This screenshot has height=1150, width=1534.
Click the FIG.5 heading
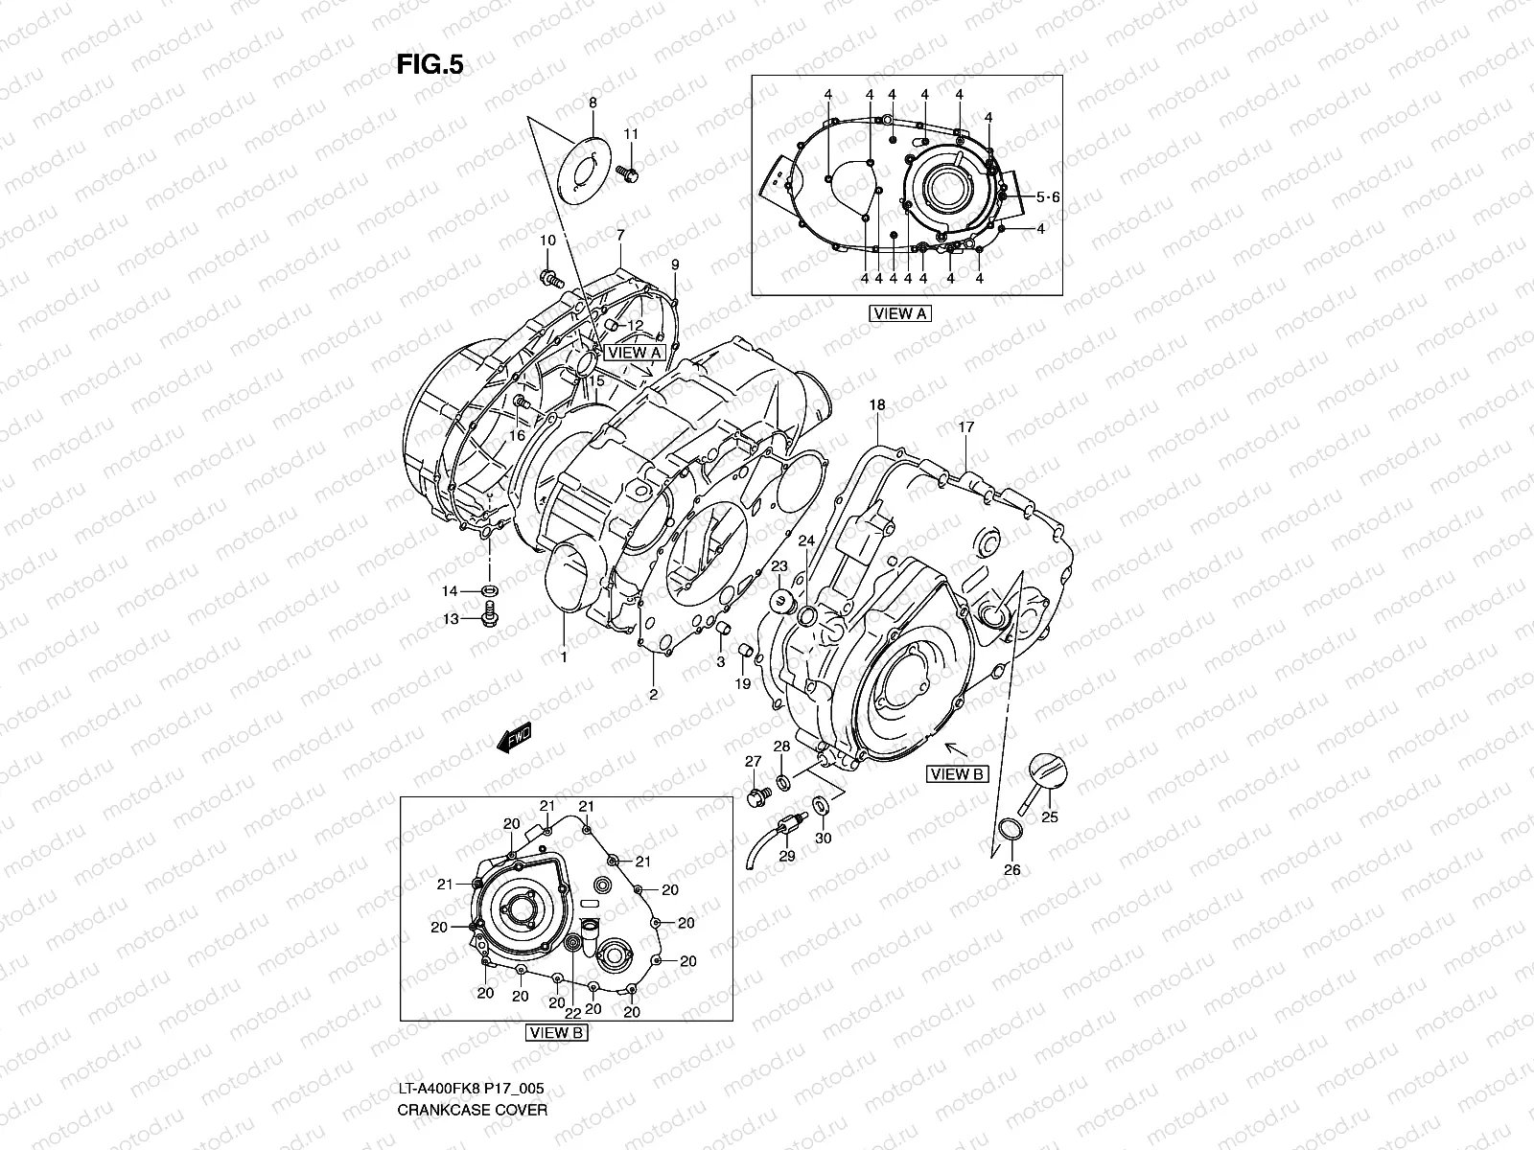pos(430,64)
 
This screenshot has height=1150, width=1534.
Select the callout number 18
pos(876,405)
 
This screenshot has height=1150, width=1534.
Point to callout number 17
pos(965,428)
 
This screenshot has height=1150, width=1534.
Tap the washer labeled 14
pos(489,589)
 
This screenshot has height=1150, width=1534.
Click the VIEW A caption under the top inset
pos(900,312)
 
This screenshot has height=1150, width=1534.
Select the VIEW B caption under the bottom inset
pos(557,1033)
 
